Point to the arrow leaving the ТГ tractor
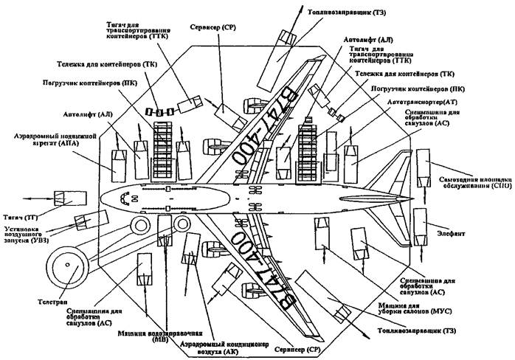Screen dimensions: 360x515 [x=30, y=198]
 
